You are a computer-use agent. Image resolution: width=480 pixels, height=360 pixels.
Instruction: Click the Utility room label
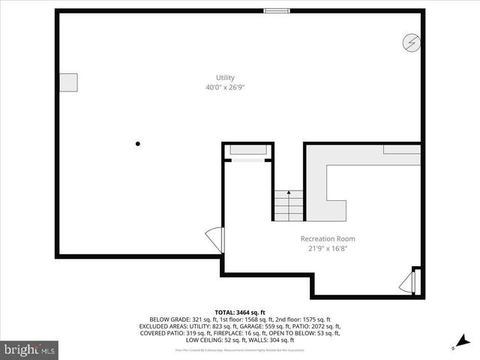pos(225,77)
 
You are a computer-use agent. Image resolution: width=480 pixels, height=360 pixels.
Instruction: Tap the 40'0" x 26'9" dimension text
pos(225,88)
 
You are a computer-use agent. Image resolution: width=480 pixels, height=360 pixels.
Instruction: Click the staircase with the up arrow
pos(288,204)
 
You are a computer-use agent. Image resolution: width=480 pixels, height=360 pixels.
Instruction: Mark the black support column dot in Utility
pos(138,144)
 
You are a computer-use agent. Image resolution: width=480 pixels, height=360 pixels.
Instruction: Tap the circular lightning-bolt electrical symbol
pos(410,42)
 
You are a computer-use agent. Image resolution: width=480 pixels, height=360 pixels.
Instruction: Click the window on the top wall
pos(276,10)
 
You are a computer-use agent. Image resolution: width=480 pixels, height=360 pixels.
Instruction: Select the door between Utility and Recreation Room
pos(216,240)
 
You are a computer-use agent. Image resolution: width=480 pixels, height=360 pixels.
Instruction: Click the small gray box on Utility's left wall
pos(67,82)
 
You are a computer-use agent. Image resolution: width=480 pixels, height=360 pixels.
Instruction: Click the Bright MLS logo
pos(29,349)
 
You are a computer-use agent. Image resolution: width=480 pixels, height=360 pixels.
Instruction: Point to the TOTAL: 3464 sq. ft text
pos(240,312)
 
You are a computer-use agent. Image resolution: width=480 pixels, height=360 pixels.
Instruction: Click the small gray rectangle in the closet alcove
pos(248,150)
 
